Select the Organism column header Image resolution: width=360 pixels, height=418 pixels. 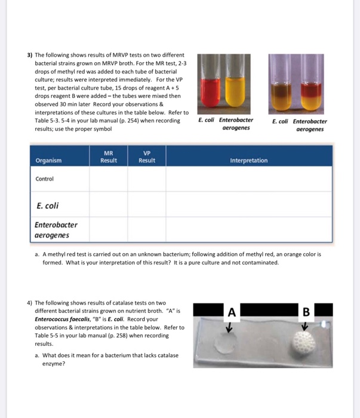[48, 160]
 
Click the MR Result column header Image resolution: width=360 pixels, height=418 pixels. [109, 156]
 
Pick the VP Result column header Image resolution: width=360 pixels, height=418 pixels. [147, 156]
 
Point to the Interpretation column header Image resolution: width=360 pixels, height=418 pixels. [249, 160]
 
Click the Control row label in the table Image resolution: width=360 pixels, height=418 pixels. [45, 179]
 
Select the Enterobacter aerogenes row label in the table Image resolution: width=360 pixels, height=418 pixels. [56, 230]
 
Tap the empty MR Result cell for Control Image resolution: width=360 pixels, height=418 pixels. [109, 179]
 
